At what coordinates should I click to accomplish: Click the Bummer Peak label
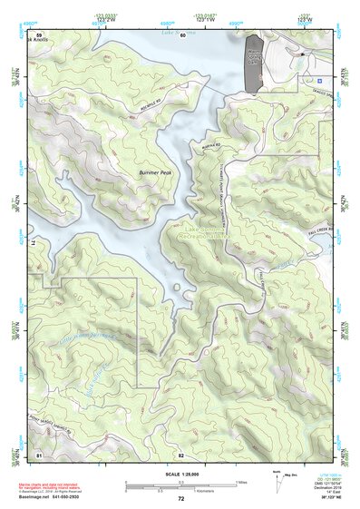point(154,171)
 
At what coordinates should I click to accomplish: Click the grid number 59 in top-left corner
point(39,34)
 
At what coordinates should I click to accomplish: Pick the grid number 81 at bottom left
point(39,453)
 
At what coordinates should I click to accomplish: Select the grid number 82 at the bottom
point(181,453)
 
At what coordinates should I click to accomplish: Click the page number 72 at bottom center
point(180,499)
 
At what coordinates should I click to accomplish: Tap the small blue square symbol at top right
point(317,81)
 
